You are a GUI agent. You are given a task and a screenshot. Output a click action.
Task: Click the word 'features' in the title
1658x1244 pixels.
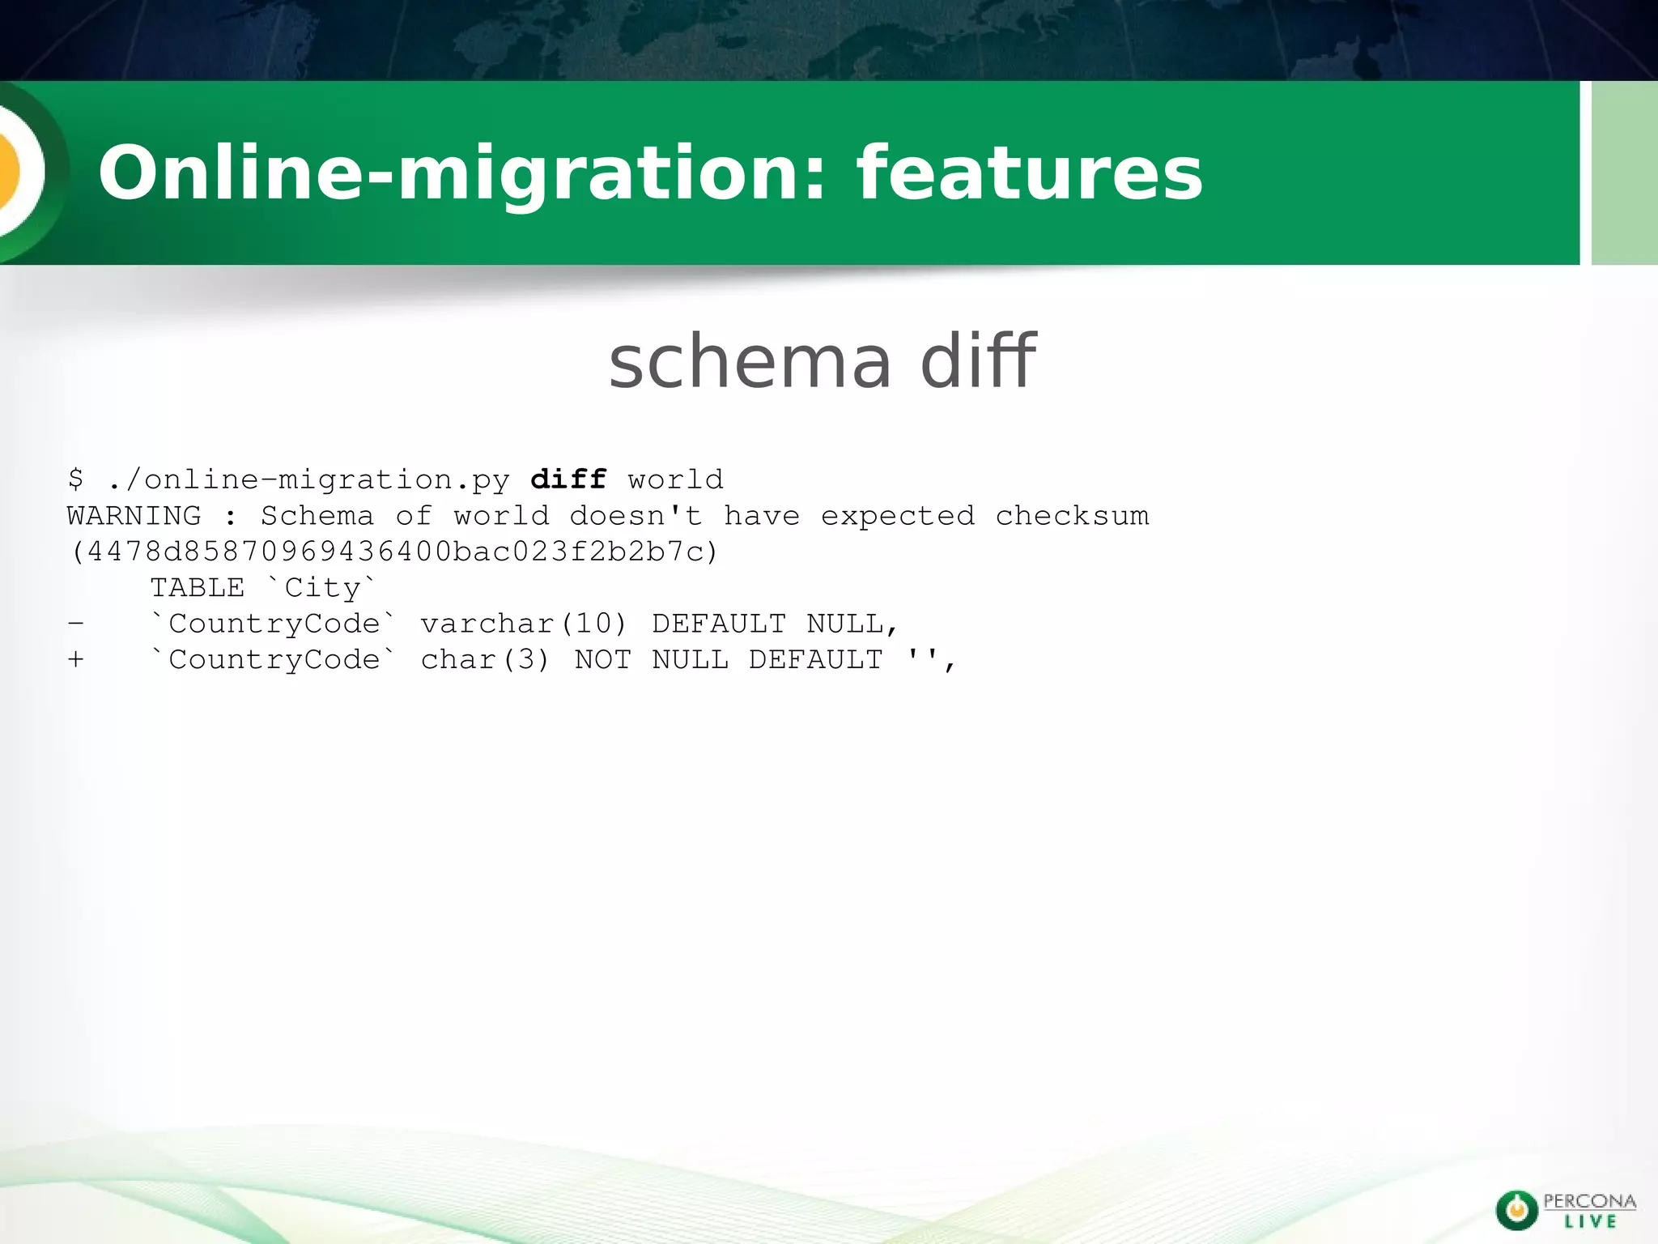1029,173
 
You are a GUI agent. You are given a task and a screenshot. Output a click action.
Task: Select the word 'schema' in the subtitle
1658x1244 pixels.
750,361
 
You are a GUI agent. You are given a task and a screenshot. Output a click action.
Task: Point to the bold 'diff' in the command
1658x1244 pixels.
568,479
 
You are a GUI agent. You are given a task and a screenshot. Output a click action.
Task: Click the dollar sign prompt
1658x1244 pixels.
75,479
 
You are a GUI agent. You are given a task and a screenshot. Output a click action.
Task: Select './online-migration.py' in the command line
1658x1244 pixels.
308,480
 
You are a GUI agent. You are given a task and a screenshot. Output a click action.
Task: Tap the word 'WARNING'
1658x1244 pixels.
134,516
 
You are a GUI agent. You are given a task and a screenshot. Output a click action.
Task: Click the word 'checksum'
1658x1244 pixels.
1072,516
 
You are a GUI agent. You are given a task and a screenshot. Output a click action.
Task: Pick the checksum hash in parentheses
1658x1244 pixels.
394,552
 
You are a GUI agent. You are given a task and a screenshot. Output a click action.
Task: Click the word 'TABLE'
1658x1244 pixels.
198,588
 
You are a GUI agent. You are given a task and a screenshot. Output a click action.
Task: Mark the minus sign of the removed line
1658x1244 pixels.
75,624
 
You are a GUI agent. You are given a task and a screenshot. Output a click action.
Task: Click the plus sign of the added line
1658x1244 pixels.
75,660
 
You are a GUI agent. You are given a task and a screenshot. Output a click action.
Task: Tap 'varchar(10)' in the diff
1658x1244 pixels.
524,624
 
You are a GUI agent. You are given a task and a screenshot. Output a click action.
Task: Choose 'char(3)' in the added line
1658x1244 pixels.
485,660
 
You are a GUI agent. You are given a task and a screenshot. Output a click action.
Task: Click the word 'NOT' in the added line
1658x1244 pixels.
602,660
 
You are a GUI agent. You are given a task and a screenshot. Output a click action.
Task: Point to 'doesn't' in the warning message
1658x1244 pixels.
636,516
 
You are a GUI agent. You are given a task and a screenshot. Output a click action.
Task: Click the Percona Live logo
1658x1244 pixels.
1564,1210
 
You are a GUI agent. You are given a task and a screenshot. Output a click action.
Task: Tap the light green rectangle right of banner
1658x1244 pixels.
1624,173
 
